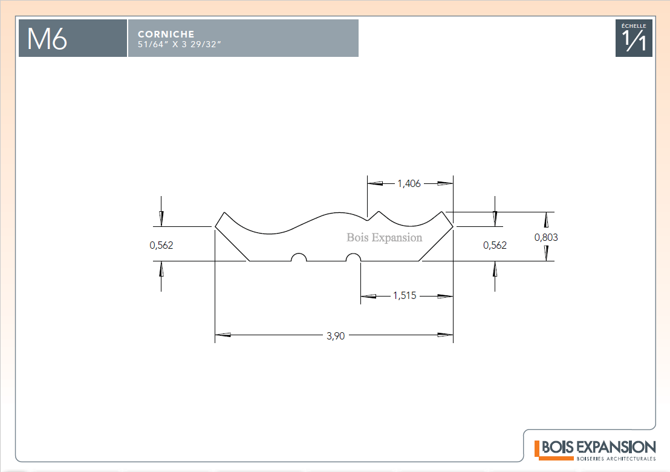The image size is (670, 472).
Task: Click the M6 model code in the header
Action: (x=47, y=39)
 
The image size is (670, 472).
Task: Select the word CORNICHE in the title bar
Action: (x=166, y=34)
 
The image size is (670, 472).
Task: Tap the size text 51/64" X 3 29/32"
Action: (x=180, y=44)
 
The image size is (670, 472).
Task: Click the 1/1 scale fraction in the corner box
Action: (x=634, y=40)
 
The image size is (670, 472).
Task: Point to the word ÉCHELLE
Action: (x=634, y=25)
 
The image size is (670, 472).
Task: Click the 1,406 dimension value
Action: (x=409, y=183)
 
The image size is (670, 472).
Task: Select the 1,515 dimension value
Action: (x=405, y=295)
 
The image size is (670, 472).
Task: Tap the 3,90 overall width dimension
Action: (x=336, y=336)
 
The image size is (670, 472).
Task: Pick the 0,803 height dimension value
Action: (x=546, y=237)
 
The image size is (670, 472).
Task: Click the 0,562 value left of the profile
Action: (x=161, y=245)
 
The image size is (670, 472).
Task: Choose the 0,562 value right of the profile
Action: (x=495, y=245)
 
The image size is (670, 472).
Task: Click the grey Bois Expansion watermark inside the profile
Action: (x=384, y=237)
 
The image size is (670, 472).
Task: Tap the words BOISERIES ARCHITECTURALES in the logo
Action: (x=616, y=459)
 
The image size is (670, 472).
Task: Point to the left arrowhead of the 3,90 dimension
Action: (x=223, y=335)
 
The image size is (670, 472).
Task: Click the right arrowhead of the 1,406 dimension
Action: (x=445, y=183)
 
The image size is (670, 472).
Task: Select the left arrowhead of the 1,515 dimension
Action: (x=368, y=296)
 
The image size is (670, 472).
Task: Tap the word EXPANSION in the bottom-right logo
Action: (x=616, y=447)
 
